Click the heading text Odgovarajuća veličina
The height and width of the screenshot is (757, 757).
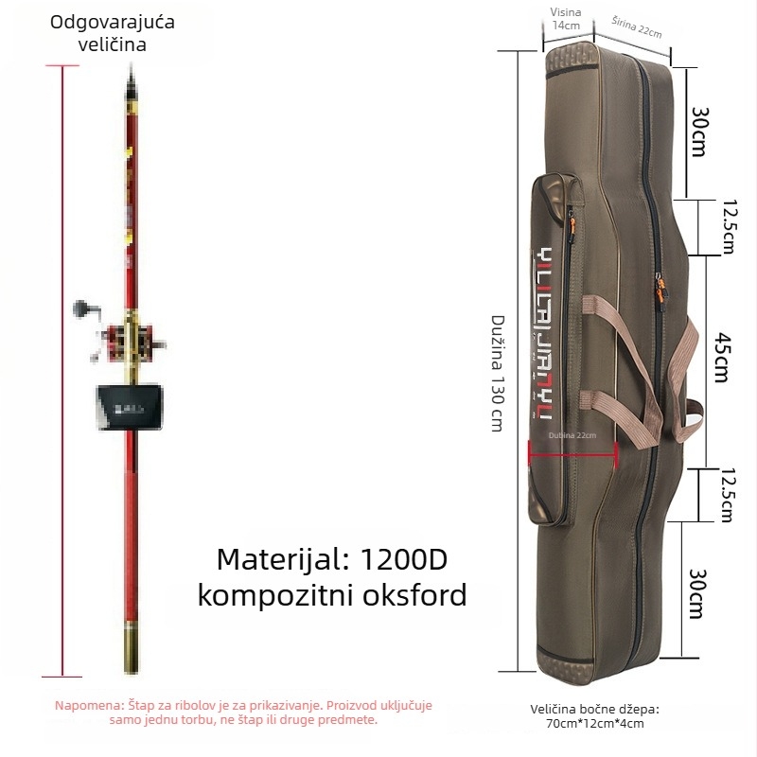98,32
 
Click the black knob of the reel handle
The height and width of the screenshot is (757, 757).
79,308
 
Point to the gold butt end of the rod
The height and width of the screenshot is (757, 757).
131,643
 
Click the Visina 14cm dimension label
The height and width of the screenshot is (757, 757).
566,19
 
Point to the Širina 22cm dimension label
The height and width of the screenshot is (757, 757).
636,26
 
